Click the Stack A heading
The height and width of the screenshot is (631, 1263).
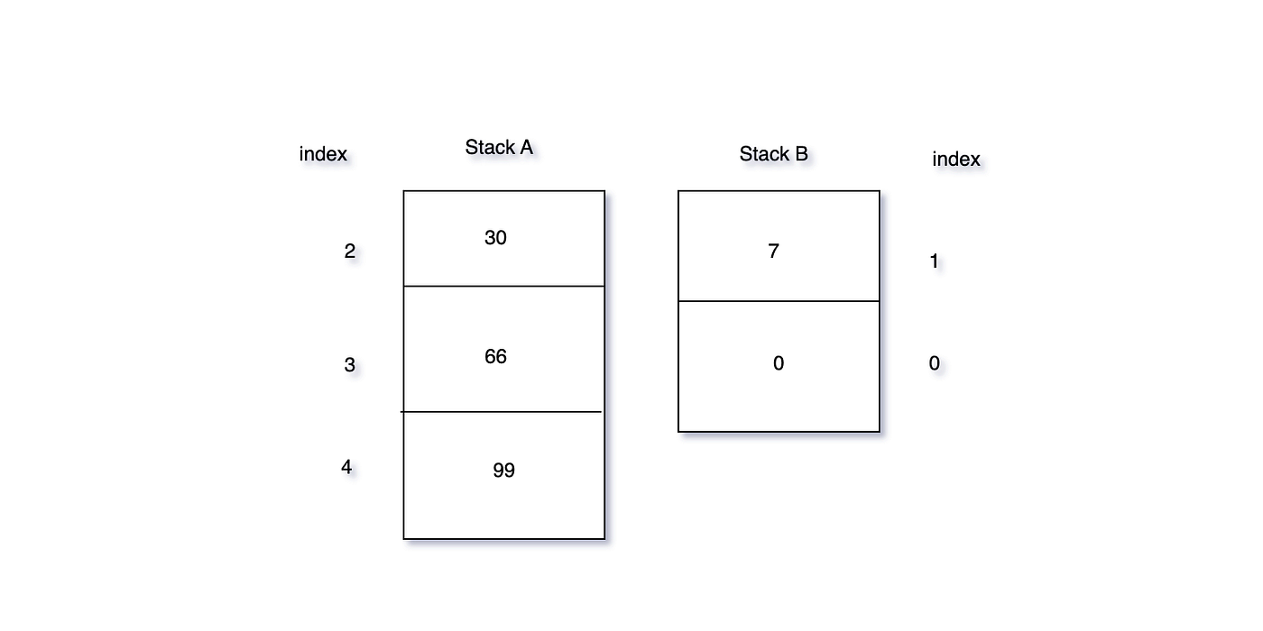point(499,148)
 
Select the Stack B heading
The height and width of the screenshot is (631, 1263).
point(774,154)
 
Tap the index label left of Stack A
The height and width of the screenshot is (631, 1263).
point(323,154)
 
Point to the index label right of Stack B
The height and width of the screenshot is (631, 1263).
point(956,159)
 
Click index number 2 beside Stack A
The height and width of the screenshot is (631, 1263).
point(350,251)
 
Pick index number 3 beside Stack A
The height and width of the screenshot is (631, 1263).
point(350,365)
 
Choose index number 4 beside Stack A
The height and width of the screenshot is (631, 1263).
point(346,467)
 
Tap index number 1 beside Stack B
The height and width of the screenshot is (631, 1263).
point(935,261)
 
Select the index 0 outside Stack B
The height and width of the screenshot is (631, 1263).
point(935,363)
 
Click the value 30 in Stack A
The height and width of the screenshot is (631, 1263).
point(495,238)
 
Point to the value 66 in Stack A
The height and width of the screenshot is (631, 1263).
point(495,357)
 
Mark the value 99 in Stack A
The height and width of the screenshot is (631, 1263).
point(504,471)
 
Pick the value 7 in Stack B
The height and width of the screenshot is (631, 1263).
point(774,251)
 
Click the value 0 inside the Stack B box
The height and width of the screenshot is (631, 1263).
point(779,363)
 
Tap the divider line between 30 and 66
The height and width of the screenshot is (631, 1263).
point(504,287)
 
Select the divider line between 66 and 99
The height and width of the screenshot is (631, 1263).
point(502,412)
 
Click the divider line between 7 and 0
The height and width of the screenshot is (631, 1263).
point(779,301)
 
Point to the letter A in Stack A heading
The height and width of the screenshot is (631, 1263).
point(526,148)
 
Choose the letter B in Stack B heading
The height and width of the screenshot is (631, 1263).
point(802,154)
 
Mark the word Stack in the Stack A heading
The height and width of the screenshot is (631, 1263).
point(489,148)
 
